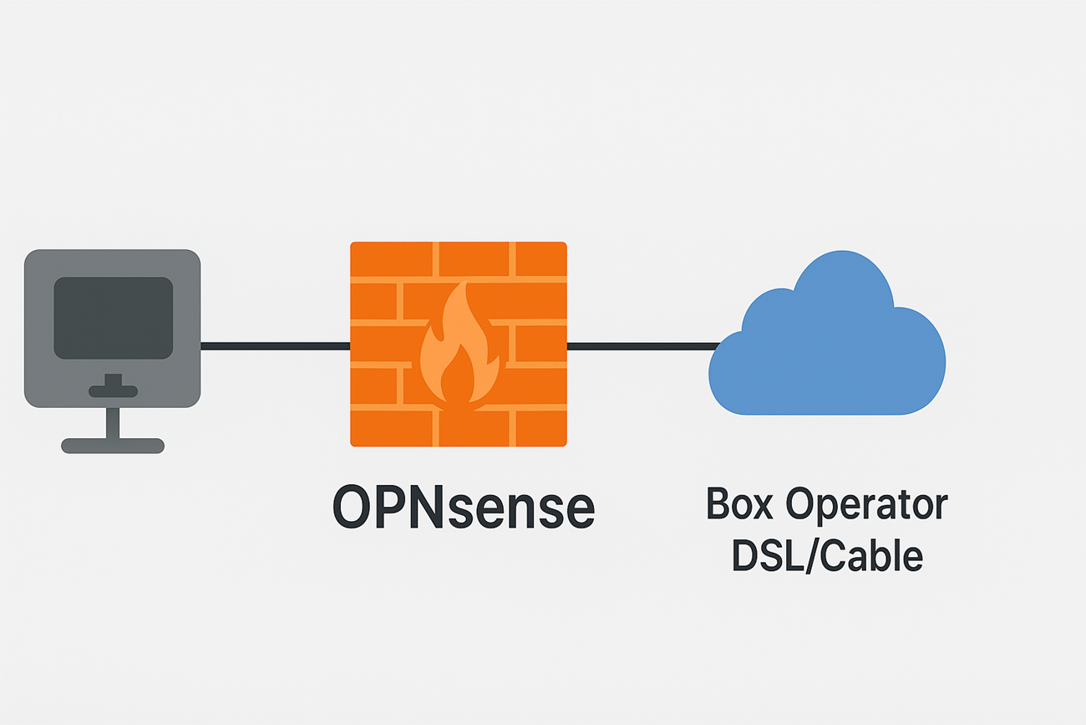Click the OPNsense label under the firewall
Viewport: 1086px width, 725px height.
[464, 508]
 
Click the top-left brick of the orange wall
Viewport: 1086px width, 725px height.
[391, 258]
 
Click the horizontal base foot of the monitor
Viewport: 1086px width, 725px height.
[113, 446]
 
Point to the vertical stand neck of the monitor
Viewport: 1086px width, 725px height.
[113, 422]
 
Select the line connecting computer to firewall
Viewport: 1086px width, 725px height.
[275, 346]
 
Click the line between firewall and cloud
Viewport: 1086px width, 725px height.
[639, 346]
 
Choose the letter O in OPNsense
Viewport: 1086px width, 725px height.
[353, 508]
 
